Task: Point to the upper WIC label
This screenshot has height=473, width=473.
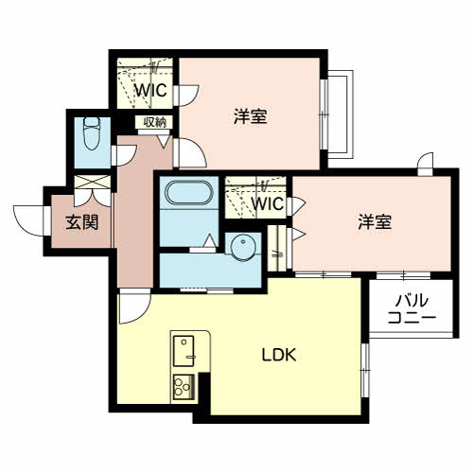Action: pos(149,91)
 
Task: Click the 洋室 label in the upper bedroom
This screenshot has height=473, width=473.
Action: pos(251,116)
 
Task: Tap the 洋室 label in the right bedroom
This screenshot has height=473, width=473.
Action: pos(376,222)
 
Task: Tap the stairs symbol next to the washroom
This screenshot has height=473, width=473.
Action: pos(278,243)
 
